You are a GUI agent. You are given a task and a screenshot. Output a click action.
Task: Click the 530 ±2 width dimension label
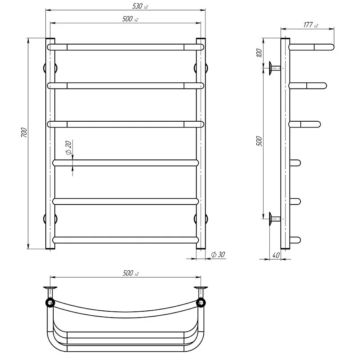click(x=140, y=6)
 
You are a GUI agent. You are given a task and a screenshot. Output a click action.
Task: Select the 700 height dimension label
click(x=24, y=133)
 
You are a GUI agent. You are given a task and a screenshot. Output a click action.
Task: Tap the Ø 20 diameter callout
click(x=69, y=148)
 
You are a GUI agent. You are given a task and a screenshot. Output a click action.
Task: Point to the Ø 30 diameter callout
click(x=218, y=255)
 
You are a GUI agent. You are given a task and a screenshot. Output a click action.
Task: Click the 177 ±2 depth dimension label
click(x=311, y=25)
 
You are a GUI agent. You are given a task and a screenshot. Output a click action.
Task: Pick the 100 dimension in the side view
click(x=259, y=53)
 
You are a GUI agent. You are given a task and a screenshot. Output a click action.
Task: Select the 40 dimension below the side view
click(x=276, y=255)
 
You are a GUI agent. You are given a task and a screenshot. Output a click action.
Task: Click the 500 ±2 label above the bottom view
click(x=131, y=273)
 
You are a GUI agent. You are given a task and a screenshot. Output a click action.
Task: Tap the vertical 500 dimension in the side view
click(x=259, y=141)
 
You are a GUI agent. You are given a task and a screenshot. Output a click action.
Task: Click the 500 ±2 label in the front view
click(x=130, y=19)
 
